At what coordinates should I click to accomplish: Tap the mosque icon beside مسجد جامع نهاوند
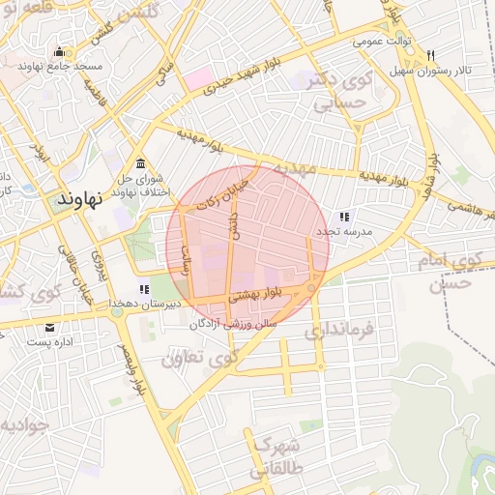coord(61,53)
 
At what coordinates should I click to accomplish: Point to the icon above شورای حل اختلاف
coord(142,161)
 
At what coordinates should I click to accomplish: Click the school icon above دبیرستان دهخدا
coord(144,289)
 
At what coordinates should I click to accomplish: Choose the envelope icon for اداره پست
coord(49,329)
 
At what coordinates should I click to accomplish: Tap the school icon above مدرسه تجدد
coord(344,217)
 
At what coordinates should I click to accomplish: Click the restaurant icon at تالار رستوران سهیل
coord(430,54)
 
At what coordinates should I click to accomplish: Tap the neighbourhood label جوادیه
coord(21,425)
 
